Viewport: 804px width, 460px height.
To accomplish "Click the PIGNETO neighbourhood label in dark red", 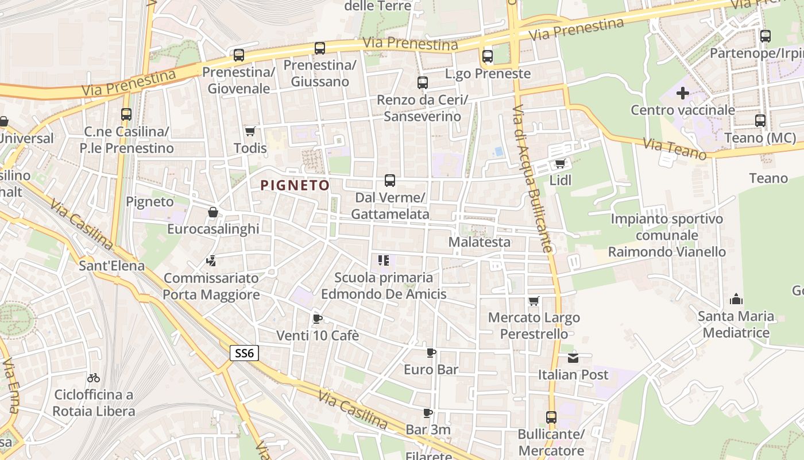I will tap(295, 185).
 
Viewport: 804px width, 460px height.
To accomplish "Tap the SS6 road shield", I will tap(244, 353).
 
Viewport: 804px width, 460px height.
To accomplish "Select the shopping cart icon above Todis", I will tap(250, 132).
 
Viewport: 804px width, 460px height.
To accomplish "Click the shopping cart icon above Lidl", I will tap(560, 163).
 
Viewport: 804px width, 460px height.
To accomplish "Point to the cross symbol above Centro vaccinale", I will tap(683, 93).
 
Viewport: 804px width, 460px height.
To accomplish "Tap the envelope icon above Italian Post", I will tap(573, 358).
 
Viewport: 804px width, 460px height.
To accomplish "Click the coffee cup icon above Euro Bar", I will tap(431, 352).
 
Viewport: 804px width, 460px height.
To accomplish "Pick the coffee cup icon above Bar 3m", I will tap(427, 413).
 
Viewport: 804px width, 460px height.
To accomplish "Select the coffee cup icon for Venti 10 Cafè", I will tap(317, 319).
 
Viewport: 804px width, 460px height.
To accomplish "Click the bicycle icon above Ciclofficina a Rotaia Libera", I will tap(94, 378).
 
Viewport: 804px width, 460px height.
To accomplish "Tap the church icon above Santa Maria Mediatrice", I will tap(736, 299).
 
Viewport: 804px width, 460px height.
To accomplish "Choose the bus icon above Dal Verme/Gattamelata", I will tap(390, 181).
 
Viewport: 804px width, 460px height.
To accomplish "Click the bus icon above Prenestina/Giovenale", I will tap(239, 55).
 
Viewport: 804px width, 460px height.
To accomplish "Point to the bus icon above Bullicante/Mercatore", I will tap(551, 417).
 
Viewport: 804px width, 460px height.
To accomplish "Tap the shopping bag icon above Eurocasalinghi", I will tap(213, 212).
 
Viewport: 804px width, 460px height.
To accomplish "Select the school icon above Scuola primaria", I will tap(384, 261).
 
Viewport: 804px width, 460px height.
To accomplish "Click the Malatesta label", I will tap(479, 242).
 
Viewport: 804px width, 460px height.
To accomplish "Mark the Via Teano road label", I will tap(675, 148).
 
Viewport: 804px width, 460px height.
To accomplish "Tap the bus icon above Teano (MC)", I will tap(760, 121).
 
